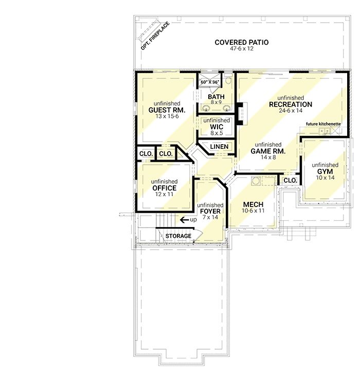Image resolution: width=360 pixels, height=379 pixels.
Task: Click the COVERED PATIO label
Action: click(241, 42)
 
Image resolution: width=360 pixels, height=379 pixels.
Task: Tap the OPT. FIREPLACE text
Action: click(155, 36)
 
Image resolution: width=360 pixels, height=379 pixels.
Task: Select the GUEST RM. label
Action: click(167, 110)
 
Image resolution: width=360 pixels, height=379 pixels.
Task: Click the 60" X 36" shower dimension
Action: click(210, 82)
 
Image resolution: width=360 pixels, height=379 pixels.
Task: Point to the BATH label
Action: click(216, 97)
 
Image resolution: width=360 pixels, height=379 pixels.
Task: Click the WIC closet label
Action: click(217, 127)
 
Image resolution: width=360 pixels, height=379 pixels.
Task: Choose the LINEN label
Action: click(219, 146)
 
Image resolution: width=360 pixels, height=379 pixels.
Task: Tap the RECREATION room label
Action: click(291, 105)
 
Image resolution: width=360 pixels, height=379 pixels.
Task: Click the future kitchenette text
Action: click(323, 124)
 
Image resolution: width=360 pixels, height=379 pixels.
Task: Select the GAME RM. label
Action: click(268, 151)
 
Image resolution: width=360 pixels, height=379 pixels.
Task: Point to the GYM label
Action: click(325, 171)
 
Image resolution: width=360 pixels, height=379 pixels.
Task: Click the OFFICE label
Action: click(164, 188)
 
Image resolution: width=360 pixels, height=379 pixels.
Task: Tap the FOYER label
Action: click(210, 211)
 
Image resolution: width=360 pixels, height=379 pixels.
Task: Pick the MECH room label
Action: click(253, 204)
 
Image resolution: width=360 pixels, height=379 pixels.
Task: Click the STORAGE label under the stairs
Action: click(178, 236)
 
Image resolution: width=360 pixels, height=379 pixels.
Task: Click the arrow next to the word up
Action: click(185, 220)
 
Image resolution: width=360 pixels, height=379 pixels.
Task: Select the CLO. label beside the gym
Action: click(290, 180)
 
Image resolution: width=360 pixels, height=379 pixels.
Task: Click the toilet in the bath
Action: click(228, 79)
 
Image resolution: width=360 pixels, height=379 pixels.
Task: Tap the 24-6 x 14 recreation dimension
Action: click(291, 111)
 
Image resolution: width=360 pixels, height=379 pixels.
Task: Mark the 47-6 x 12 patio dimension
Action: click(241, 48)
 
